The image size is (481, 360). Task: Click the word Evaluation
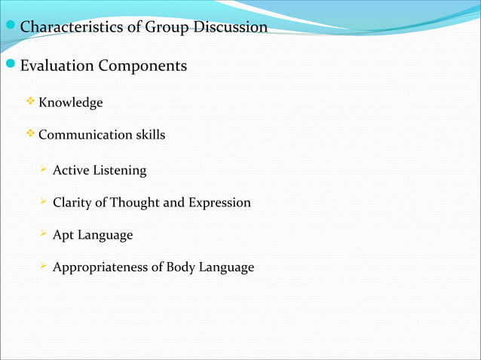57,66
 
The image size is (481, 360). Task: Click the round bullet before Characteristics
10,27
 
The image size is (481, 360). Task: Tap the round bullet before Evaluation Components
10,66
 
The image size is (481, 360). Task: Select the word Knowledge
70,102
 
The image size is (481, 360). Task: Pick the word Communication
84,136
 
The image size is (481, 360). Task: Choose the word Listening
119,171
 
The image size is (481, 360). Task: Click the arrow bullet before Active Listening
44,170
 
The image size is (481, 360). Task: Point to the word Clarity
72,203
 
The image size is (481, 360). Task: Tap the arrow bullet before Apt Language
44,235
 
